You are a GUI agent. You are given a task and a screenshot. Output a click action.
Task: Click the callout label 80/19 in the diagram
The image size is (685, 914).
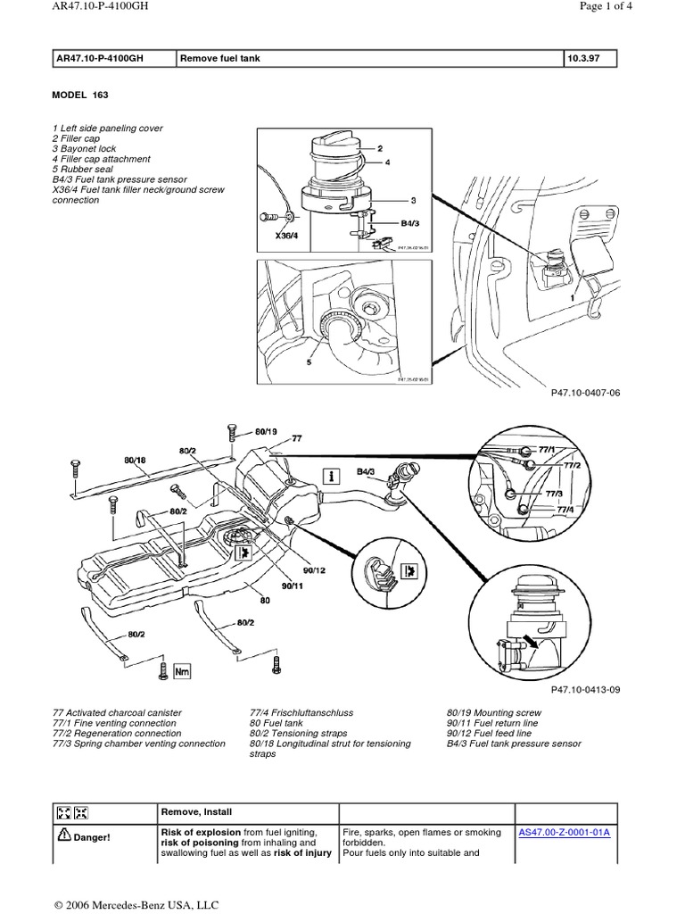click(x=267, y=431)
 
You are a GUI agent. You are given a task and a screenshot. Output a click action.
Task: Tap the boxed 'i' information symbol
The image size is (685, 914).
click(x=333, y=476)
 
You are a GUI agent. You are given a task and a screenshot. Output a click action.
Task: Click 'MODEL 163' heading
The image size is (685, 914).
click(x=81, y=95)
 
